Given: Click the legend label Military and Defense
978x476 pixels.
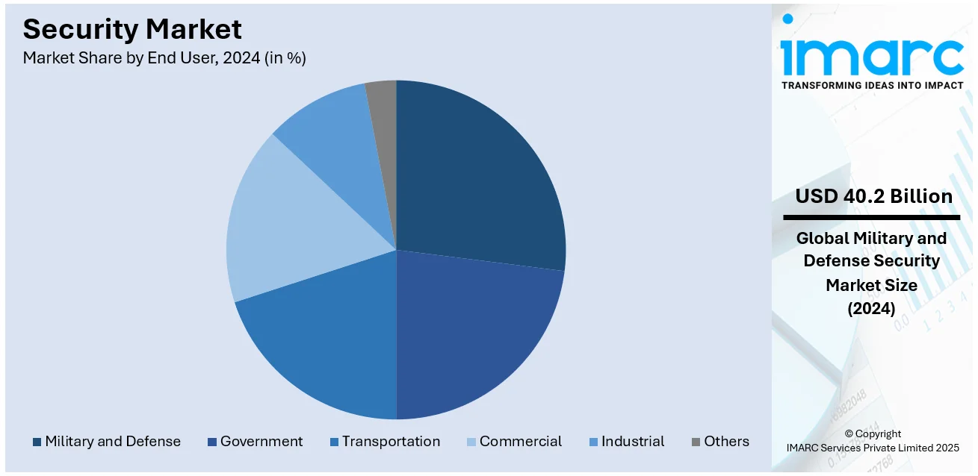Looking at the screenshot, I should click(x=113, y=442).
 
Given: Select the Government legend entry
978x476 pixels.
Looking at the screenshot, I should click(x=261, y=442).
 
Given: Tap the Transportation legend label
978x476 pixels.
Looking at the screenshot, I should click(x=391, y=442).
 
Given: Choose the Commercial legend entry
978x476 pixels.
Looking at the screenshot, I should click(x=521, y=442).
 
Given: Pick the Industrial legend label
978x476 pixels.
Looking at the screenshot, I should click(x=633, y=442).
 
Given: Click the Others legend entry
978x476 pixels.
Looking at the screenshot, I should click(x=726, y=442).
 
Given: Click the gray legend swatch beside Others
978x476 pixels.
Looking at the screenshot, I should click(x=696, y=442).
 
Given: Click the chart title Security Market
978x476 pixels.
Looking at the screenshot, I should click(x=132, y=29).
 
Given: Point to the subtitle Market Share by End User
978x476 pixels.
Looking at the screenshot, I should click(x=164, y=58).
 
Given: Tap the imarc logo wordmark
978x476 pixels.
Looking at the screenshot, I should click(x=872, y=54).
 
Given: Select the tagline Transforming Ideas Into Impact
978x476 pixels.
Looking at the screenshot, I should click(x=872, y=85).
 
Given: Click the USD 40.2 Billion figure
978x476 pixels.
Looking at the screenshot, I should click(x=873, y=196).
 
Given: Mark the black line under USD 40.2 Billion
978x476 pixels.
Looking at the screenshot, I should click(x=871, y=217).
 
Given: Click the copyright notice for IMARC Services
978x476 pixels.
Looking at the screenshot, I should click(x=873, y=440).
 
